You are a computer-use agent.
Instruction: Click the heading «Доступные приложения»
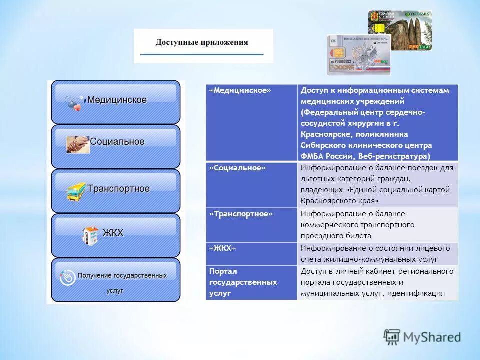pos(202,42)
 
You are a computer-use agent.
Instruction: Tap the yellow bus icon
pos(76,191)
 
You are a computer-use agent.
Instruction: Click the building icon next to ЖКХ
pos(90,235)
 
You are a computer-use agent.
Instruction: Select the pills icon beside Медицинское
pos(75,102)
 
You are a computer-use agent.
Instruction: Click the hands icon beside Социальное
pos(78,144)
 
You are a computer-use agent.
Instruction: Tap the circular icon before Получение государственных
pos(67,278)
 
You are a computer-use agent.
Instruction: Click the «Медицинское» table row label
pos(240,90)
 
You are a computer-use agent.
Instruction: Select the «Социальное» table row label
pos(237,168)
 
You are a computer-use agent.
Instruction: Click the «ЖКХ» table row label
pos(223,248)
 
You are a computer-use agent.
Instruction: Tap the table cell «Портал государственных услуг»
pos(243,282)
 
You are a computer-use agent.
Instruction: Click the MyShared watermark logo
pos(422,337)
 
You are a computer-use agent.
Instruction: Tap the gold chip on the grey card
pos(337,53)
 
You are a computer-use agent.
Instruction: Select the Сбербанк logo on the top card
pos(418,14)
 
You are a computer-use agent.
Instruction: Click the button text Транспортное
pos(118,189)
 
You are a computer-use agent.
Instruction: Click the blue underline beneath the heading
pos(202,54)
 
